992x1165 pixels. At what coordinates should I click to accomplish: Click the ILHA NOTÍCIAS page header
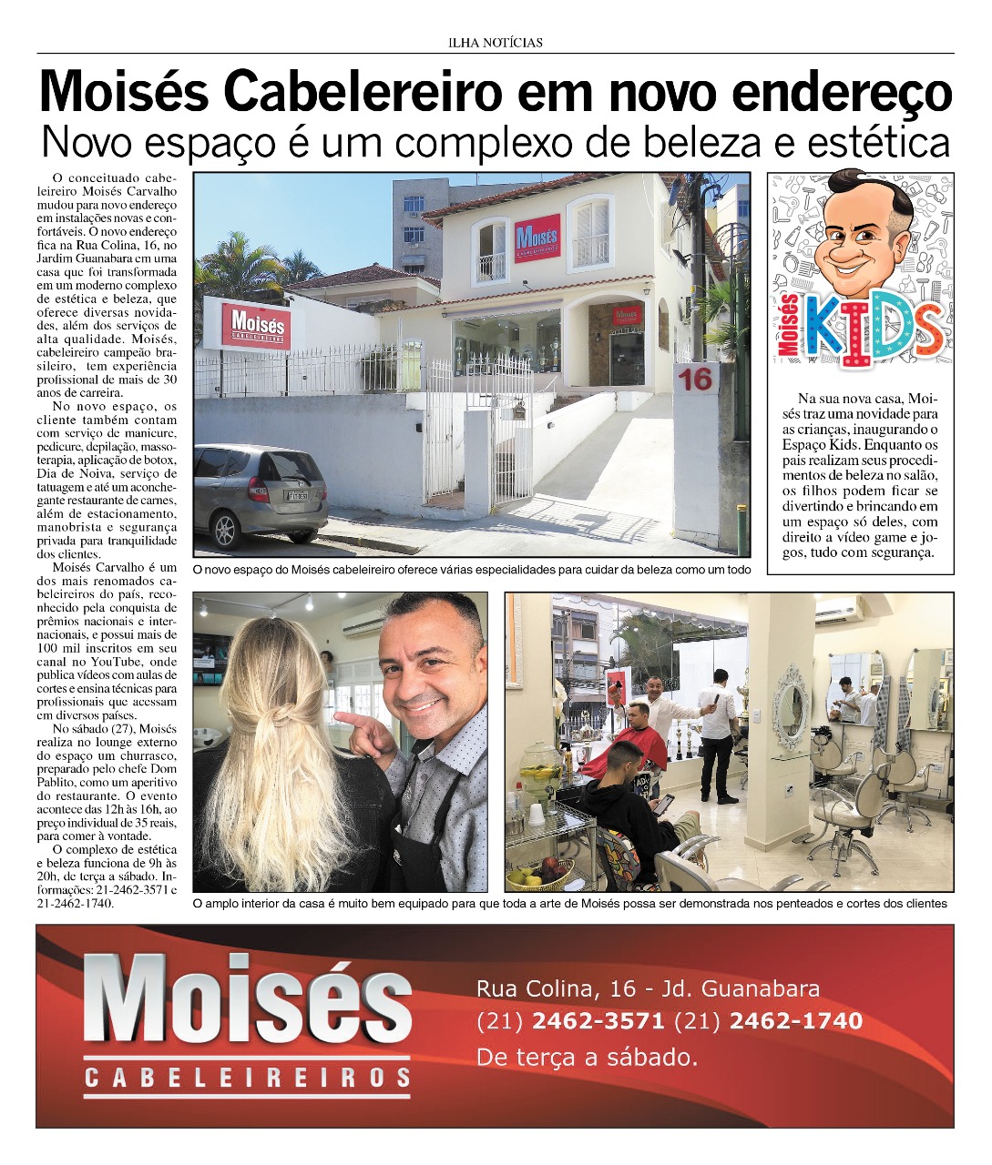[x=496, y=42]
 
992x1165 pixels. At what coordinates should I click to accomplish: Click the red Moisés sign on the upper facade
[x=537, y=238]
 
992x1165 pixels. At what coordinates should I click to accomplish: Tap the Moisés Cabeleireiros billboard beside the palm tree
[x=257, y=324]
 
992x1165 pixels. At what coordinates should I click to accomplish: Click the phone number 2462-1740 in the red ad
[x=795, y=1021]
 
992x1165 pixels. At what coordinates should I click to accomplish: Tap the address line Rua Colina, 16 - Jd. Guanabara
[x=648, y=988]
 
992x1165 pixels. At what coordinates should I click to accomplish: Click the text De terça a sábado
[x=587, y=1058]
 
